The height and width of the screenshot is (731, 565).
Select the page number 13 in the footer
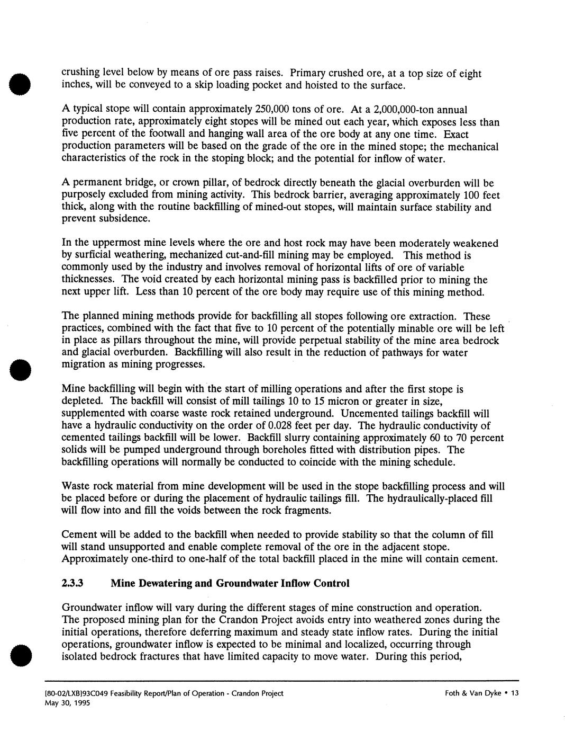tap(515, 693)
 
